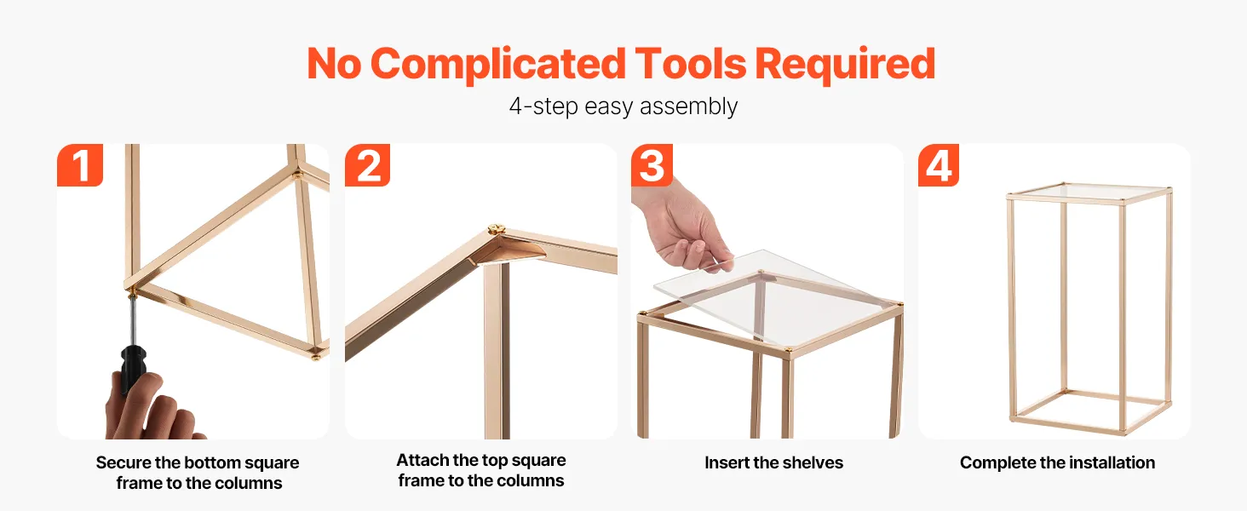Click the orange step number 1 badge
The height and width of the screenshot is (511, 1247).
click(80, 165)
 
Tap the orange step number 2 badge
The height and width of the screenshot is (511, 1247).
click(367, 165)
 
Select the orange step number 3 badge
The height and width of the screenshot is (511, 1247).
click(652, 165)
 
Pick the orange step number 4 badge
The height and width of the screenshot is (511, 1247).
click(939, 165)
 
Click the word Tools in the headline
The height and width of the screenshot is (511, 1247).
click(690, 64)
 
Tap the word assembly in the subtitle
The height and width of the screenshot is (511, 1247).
click(688, 106)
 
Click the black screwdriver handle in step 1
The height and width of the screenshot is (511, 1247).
click(133, 367)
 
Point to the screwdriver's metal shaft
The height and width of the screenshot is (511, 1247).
click(133, 321)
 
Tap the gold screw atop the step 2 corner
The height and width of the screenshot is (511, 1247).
click(496, 229)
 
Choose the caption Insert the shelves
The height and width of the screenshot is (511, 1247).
click(773, 462)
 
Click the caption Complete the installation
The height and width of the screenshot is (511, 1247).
click(1057, 462)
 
